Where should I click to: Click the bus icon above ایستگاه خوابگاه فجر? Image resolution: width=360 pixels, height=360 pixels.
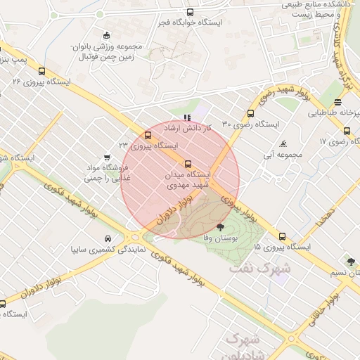click(191, 12)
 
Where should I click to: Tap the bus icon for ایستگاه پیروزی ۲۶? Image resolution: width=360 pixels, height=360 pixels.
click(41, 71)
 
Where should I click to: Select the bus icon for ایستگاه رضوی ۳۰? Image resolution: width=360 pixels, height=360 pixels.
click(251, 113)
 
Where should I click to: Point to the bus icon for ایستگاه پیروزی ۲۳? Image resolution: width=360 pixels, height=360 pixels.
click(148, 135)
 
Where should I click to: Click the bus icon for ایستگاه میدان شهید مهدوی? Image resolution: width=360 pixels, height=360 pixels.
click(187, 164)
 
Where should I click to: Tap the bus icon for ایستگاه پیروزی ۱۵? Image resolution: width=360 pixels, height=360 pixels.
click(283, 237)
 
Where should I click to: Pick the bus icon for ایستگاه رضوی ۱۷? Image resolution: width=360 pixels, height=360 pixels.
click(347, 131)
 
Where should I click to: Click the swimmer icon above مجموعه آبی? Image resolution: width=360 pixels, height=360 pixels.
click(283, 144)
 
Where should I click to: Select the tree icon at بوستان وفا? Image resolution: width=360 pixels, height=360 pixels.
click(221, 226)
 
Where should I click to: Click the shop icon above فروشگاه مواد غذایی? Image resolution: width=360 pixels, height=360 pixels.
click(106, 157)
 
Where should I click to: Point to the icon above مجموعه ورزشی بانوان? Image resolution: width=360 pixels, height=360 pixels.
click(106, 36)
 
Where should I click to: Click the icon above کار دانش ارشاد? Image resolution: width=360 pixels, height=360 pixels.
click(186, 117)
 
